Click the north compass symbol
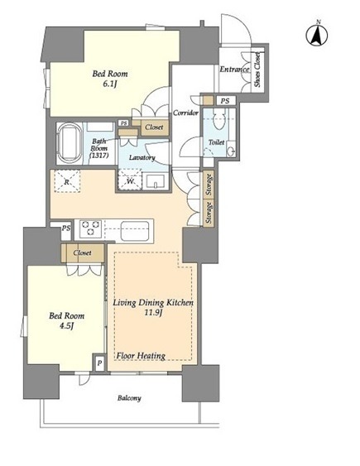click(x=317, y=34)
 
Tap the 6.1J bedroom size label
click(x=110, y=84)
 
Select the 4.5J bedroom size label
click(x=66, y=326)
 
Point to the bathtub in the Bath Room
click(x=70, y=143)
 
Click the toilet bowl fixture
click(x=219, y=119)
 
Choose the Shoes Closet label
click(x=257, y=70)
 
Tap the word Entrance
click(x=234, y=70)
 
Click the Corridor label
click(x=185, y=113)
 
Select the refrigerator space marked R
click(x=67, y=181)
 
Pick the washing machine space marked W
click(x=130, y=180)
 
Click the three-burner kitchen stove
click(x=90, y=228)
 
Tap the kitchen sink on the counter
click(x=135, y=230)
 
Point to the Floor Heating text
click(x=141, y=356)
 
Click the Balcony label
click(x=129, y=398)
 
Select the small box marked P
click(x=100, y=363)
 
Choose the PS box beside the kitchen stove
click(x=65, y=228)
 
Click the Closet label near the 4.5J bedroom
click(x=82, y=253)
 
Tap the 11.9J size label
click(x=153, y=313)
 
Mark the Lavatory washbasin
click(x=155, y=181)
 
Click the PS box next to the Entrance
click(x=225, y=101)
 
